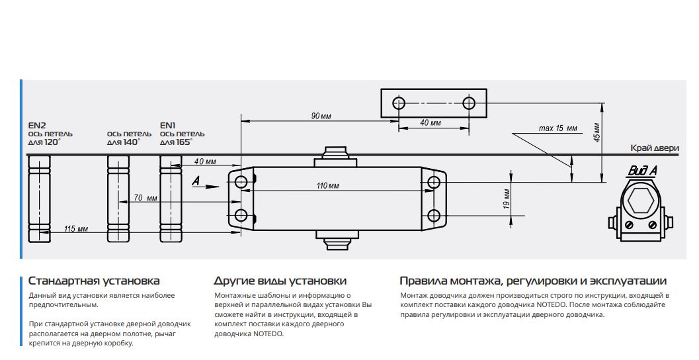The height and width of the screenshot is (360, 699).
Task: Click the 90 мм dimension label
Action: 321,116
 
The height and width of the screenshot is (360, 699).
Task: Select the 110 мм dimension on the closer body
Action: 328,187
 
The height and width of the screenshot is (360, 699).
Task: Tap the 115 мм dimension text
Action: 76,229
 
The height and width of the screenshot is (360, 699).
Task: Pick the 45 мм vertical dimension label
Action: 596,133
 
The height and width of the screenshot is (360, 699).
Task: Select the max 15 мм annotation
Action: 557,128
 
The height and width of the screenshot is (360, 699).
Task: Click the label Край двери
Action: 654,148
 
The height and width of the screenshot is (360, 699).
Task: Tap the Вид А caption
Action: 642,171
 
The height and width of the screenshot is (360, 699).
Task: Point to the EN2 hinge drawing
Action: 39,200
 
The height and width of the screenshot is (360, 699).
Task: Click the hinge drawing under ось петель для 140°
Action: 118,200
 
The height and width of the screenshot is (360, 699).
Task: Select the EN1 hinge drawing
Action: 171,200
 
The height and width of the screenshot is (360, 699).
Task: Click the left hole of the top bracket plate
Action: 399,103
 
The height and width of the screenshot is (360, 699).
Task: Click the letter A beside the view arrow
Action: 195,180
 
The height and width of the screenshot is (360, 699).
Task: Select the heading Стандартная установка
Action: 94,281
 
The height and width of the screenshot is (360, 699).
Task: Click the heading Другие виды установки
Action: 280,281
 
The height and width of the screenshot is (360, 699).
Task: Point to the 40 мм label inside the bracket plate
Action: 431,123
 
